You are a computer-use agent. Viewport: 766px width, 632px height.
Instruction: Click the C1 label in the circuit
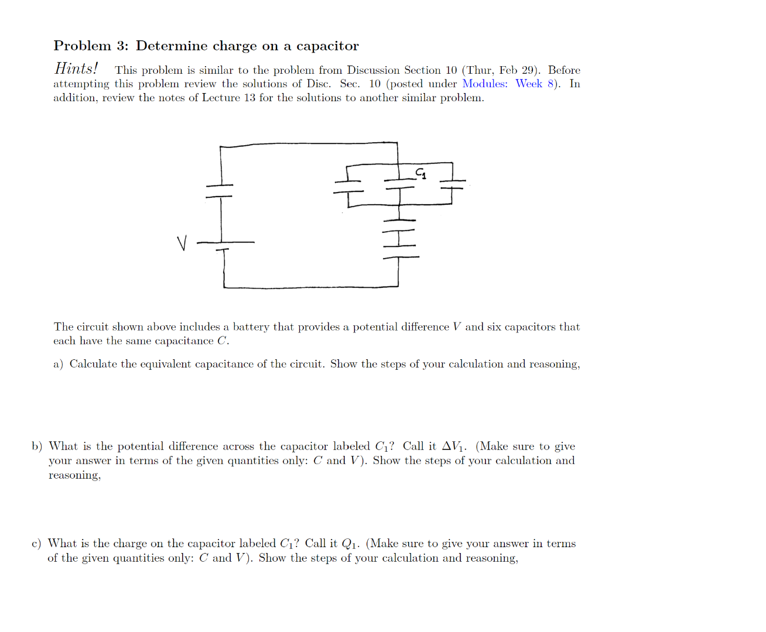tap(420, 173)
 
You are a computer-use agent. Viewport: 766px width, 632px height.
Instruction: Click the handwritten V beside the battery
tap(182, 243)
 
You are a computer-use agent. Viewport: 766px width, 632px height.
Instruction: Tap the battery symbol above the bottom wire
tap(223, 246)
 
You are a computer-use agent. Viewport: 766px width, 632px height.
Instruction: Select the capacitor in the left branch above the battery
tap(220, 191)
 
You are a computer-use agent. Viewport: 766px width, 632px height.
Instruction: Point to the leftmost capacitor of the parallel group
tap(347, 186)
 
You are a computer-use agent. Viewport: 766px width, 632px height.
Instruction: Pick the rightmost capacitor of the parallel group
tap(452, 184)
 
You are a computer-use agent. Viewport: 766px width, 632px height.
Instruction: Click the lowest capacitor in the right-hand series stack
tap(400, 251)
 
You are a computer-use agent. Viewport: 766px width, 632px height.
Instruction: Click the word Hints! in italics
tap(76, 69)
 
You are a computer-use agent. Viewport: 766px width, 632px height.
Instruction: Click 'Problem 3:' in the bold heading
tap(91, 46)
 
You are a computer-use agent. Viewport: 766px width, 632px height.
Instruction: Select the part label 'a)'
tap(58, 364)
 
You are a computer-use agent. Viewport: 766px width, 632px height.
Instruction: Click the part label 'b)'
tap(37, 446)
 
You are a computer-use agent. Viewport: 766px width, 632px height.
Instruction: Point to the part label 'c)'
tap(36, 544)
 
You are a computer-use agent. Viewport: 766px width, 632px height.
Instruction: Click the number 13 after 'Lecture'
tap(249, 98)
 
